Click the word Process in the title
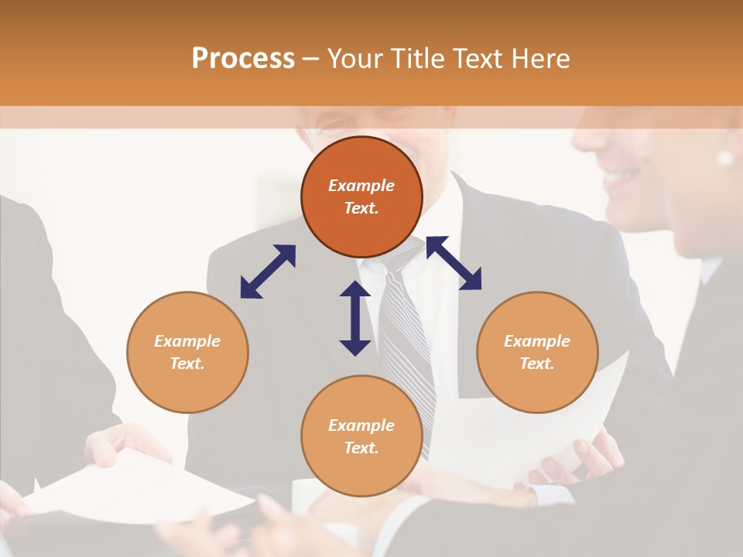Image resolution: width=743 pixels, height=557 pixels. [243, 59]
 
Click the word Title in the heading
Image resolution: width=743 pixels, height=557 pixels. [419, 59]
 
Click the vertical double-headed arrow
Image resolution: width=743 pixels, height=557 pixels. [355, 318]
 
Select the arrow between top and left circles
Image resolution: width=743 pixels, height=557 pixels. [268, 272]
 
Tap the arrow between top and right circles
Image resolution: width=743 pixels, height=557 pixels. [454, 263]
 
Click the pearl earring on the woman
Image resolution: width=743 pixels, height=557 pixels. [725, 158]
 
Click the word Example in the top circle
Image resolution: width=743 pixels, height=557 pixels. [361, 186]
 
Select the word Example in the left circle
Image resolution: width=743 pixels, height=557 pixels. [187, 341]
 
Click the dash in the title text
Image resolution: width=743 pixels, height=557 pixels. [310, 59]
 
